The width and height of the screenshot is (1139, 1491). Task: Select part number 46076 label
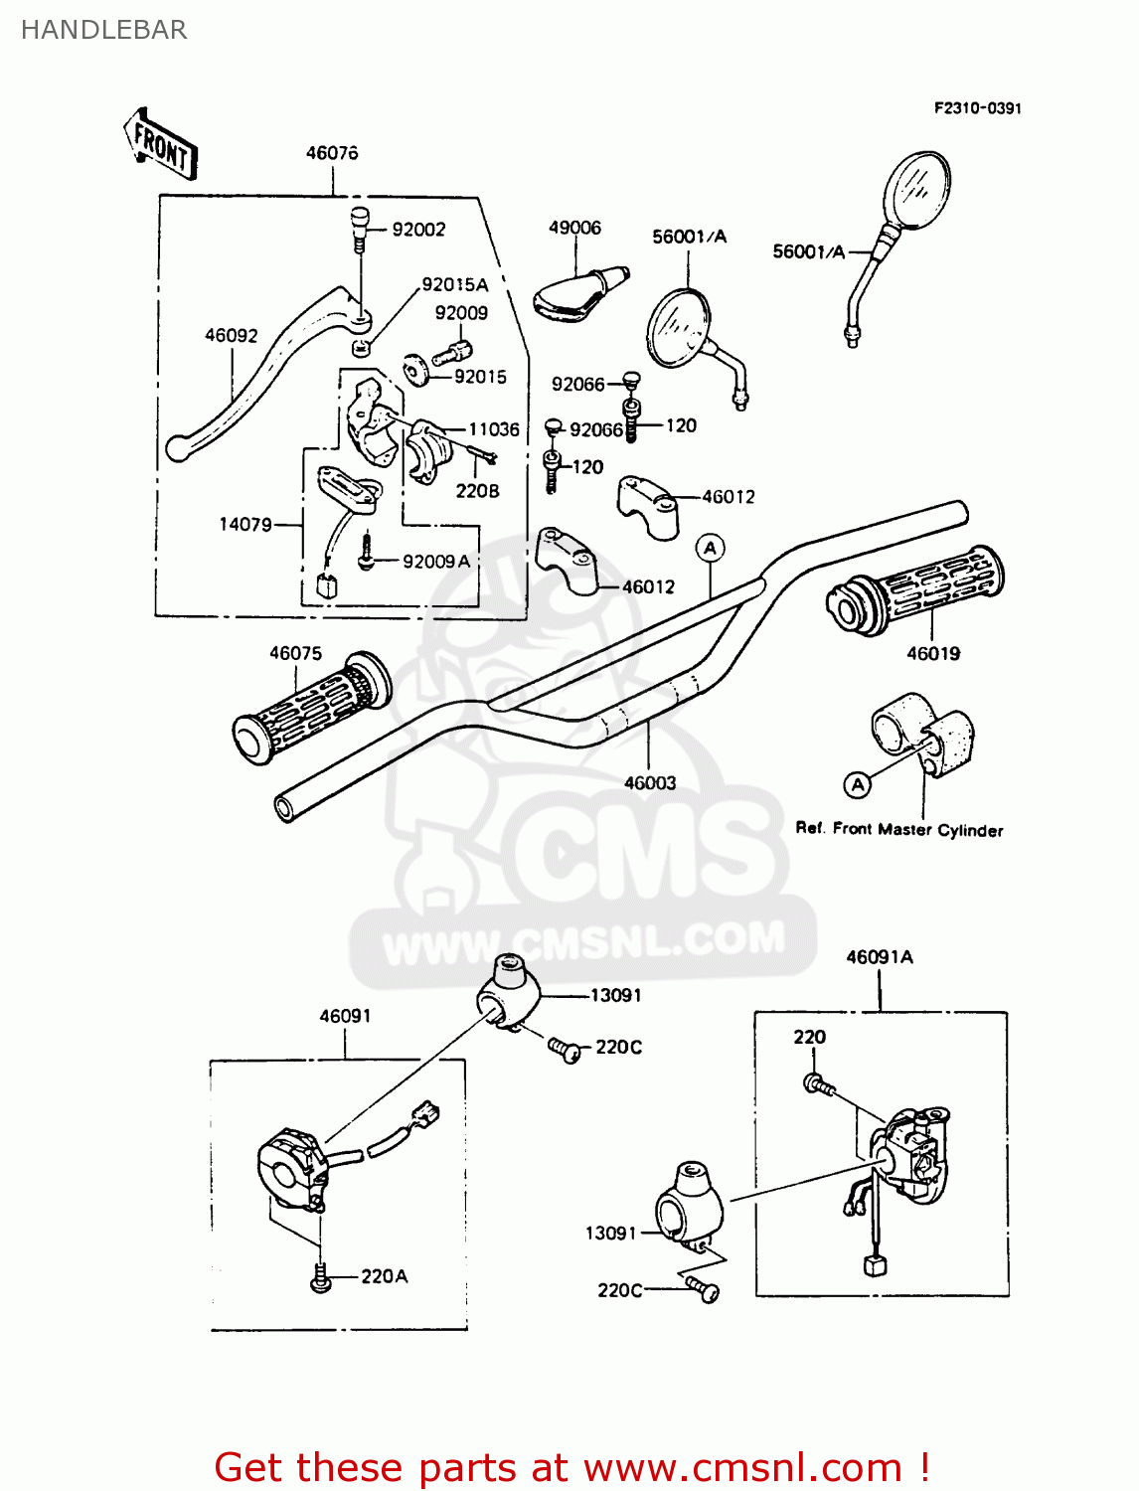pos(332,153)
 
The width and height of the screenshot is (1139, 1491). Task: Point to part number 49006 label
pos(574,228)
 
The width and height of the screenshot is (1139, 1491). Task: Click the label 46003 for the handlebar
pos(650,783)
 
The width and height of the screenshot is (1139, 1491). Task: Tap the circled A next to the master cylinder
pos(857,785)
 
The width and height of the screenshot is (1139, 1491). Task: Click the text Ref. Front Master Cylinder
pos(899,829)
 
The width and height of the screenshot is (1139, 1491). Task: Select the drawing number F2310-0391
pos(977,108)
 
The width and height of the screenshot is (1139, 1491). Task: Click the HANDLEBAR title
pos(104,30)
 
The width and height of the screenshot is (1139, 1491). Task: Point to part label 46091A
pos(880,957)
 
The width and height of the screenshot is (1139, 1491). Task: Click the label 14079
pos(245,524)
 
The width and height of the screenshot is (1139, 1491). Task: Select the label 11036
pos(494,429)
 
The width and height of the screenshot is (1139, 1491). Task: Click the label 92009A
pos(436,562)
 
